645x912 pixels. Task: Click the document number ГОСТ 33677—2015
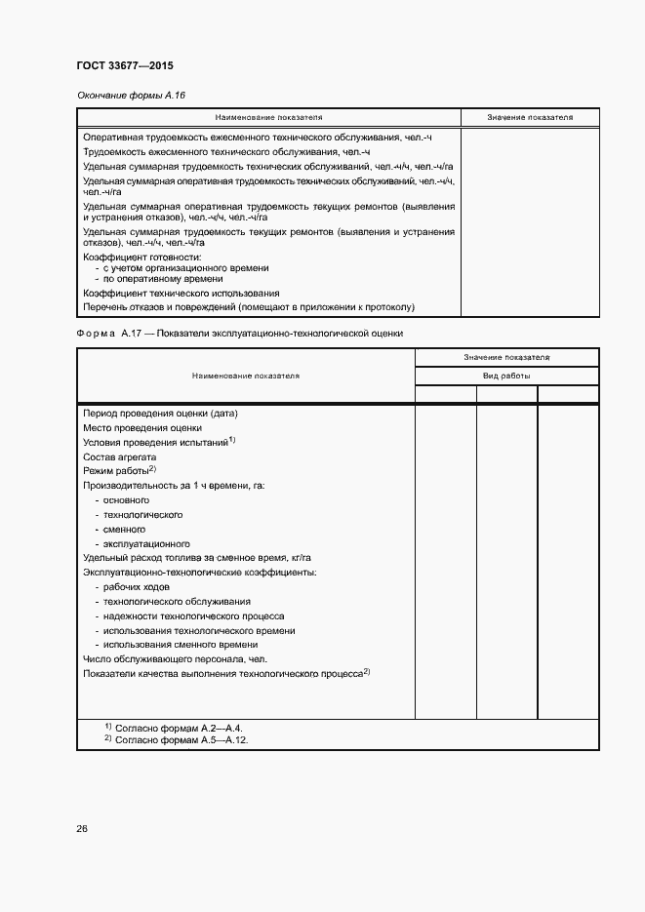click(124, 66)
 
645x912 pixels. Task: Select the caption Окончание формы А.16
click(131, 96)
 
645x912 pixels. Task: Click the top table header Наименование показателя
click(268, 117)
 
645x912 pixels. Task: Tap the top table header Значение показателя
click(530, 117)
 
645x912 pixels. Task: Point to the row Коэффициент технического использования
click(181, 293)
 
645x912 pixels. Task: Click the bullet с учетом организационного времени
click(185, 267)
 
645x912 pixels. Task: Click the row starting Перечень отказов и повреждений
click(249, 307)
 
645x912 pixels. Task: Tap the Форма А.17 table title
click(240, 334)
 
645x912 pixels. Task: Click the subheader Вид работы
click(506, 376)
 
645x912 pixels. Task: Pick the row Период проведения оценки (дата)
click(161, 413)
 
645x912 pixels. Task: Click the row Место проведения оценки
click(142, 427)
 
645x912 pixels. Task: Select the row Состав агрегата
click(120, 456)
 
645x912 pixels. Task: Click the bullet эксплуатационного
click(146, 543)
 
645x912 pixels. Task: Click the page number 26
click(82, 829)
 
